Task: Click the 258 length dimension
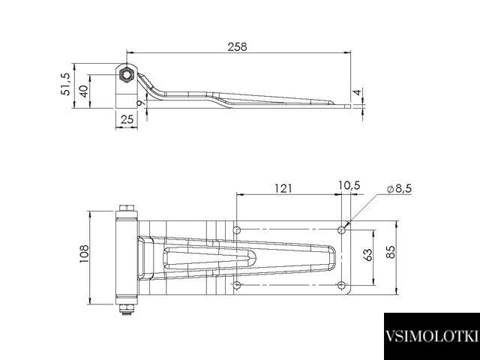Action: click(237, 46)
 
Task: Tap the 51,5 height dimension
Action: click(66, 84)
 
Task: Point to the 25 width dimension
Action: click(127, 119)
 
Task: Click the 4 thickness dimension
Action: click(358, 91)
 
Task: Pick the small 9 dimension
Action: click(141, 103)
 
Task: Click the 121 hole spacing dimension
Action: click(283, 188)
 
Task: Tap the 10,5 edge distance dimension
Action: click(349, 185)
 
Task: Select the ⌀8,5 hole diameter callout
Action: click(399, 189)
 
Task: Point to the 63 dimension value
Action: click(368, 255)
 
